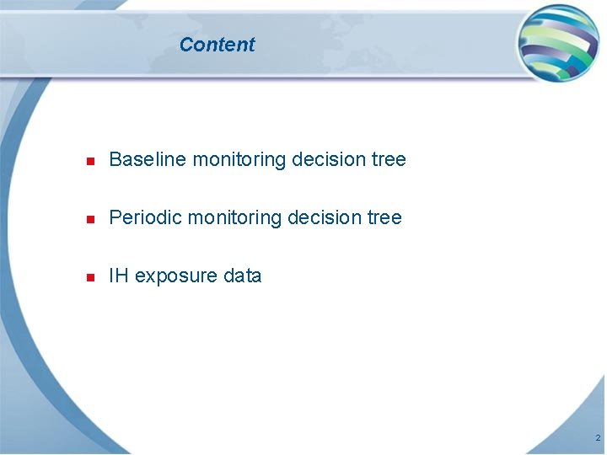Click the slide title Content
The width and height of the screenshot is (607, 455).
click(x=217, y=45)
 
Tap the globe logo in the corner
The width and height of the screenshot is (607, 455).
click(x=558, y=42)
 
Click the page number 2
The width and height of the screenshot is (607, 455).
click(x=597, y=438)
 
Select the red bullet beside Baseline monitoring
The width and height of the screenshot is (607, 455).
click(x=89, y=160)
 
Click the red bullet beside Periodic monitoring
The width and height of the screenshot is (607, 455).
click(x=89, y=218)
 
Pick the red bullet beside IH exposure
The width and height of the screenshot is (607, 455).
click(x=89, y=276)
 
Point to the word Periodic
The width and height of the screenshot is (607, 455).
click(x=145, y=217)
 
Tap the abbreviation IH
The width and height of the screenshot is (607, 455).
click(x=119, y=276)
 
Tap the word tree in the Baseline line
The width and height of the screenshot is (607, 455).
click(x=389, y=159)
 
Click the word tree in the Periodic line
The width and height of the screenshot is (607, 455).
click(x=385, y=217)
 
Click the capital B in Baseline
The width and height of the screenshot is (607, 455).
click(x=115, y=159)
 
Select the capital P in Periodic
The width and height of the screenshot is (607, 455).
click(x=115, y=217)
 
